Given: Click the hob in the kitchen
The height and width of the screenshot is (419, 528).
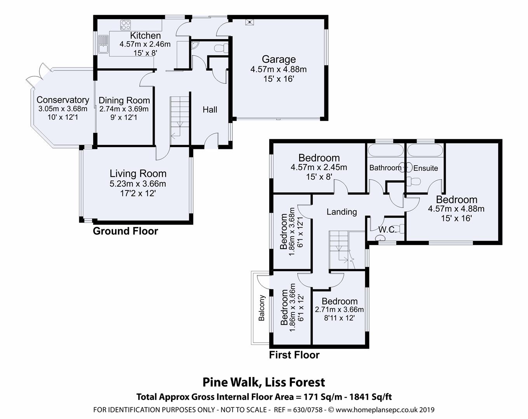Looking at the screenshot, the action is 125,25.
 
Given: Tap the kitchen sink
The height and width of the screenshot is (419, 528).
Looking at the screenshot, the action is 103,44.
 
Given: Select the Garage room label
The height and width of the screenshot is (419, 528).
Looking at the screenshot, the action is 279,59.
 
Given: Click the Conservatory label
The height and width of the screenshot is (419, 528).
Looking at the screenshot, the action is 63,100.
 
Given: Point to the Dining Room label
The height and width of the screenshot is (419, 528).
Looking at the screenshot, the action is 124,100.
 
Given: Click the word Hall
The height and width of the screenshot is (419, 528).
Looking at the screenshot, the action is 210,109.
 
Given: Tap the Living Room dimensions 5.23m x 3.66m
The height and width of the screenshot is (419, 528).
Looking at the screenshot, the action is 138,184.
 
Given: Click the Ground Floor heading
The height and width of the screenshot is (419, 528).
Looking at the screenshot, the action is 125,231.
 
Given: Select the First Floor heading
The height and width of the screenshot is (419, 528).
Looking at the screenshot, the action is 294,355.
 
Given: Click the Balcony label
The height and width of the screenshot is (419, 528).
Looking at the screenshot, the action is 261,308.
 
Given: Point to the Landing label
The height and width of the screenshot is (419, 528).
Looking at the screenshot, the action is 342,212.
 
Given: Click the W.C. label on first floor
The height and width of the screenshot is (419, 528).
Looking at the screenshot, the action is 387,230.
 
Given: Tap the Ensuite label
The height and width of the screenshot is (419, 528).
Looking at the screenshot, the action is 425,168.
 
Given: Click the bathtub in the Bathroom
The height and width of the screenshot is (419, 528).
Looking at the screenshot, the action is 385,150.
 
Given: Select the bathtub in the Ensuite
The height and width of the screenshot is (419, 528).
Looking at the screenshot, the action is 425,150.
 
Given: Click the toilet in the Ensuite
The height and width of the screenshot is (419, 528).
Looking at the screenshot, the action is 413,181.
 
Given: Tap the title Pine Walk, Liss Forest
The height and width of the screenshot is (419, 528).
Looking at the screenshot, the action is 264,383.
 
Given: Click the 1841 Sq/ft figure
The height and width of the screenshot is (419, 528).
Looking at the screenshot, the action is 371,397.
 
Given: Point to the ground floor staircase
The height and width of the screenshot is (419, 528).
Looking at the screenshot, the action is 180,121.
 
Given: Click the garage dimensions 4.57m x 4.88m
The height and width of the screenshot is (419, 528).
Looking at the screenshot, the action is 279,69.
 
